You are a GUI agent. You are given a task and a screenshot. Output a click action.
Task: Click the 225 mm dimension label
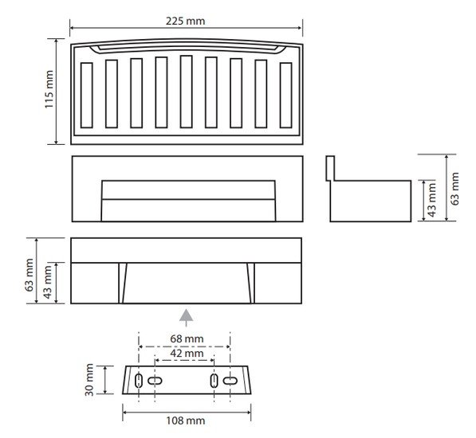pyautogui.click(x=186, y=22)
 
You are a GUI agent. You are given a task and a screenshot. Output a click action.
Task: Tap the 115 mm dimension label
pyautogui.click(x=49, y=89)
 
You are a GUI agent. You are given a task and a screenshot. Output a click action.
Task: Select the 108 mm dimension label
pyautogui.click(x=186, y=420)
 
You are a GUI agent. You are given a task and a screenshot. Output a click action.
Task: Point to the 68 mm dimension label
pyautogui.click(x=187, y=338)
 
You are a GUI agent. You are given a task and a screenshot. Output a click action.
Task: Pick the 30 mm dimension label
pyautogui.click(x=89, y=380)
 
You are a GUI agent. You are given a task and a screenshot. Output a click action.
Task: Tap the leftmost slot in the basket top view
pyautogui.click(x=87, y=96)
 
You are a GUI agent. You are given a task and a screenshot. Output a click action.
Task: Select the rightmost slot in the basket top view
pyautogui.click(x=286, y=96)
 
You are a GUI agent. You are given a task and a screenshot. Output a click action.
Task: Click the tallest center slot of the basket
pyautogui.click(x=186, y=92)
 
